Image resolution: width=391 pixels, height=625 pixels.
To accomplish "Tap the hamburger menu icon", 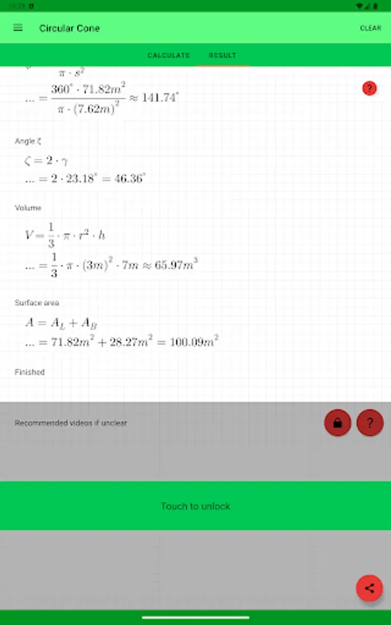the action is tap(18, 28).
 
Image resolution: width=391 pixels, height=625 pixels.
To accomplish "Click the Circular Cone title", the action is tap(69, 28).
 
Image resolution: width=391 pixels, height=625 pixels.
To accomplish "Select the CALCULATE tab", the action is tap(168, 56).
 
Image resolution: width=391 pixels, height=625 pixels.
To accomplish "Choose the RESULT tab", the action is tap(222, 56).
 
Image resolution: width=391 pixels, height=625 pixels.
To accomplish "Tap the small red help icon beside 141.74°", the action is tap(369, 88).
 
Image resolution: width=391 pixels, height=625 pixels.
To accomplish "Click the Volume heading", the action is tap(28, 208).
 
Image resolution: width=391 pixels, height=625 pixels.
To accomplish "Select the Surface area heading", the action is tap(37, 303).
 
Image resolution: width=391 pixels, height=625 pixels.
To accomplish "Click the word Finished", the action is tap(30, 372).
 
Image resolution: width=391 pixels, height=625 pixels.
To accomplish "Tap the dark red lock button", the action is tap(338, 422).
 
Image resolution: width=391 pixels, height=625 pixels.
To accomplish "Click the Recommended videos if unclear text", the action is tap(71, 423).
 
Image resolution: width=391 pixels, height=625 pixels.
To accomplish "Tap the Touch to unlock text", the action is tap(195, 506).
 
